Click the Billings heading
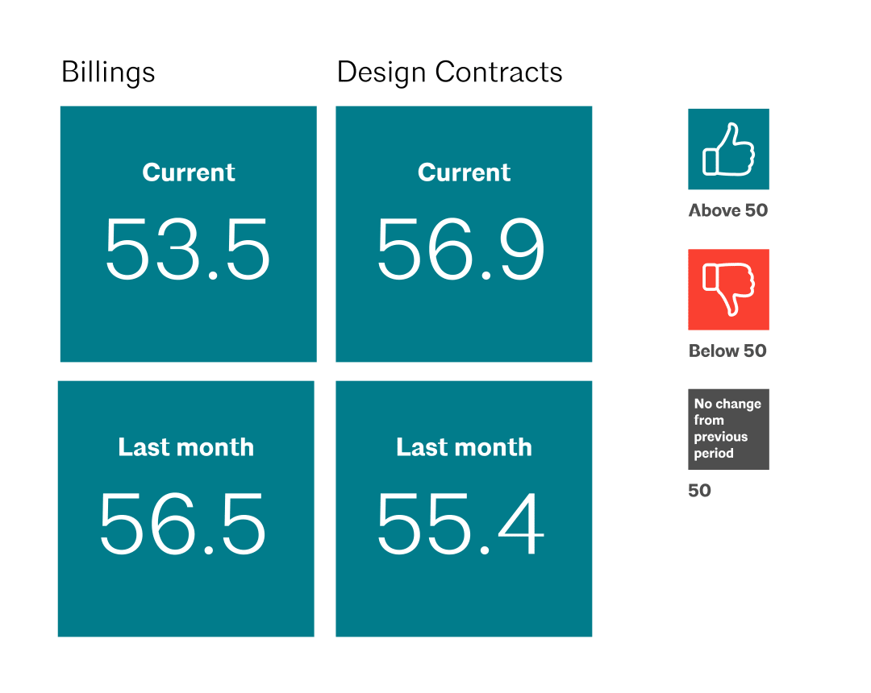(108, 73)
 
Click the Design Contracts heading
(449, 73)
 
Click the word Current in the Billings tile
(189, 172)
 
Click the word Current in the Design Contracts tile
(465, 172)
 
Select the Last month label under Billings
(185, 447)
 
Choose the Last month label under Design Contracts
(464, 447)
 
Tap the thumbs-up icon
(728, 149)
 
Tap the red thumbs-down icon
(728, 289)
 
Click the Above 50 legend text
(728, 211)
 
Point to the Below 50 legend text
(727, 351)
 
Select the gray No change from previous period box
(728, 429)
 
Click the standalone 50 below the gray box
(699, 491)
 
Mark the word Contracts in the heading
(498, 73)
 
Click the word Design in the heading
(382, 73)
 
